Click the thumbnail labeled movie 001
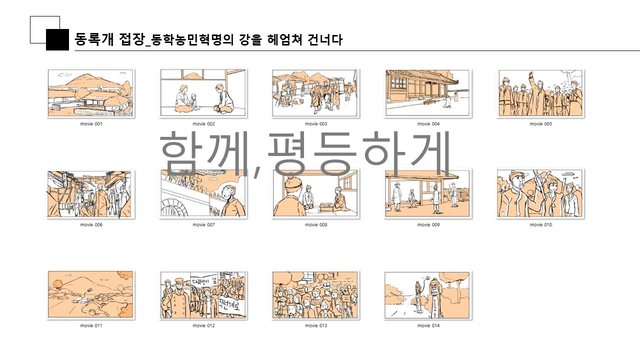click(x=90, y=93)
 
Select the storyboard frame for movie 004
click(x=428, y=93)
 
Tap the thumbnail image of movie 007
click(x=203, y=194)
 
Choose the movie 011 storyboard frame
click(x=90, y=295)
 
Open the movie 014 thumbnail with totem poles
click(x=428, y=295)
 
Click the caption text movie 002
click(x=203, y=124)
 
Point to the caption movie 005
click(x=540, y=124)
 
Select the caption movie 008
click(x=316, y=225)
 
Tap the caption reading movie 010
click(x=540, y=225)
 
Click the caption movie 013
click(x=316, y=326)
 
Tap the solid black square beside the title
click(x=57, y=40)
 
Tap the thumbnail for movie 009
click(x=428, y=194)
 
